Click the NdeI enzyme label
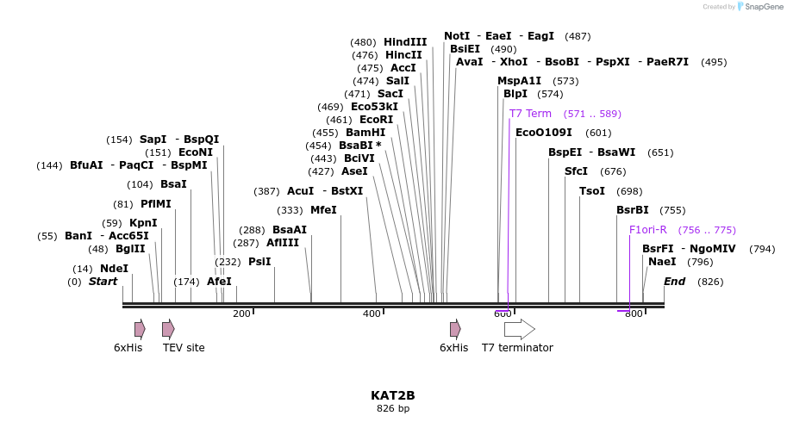[114, 269]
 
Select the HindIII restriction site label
[405, 42]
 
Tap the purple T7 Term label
[530, 114]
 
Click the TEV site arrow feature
[168, 328]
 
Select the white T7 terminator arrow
[519, 328]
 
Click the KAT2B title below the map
[393, 395]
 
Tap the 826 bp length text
[393, 408]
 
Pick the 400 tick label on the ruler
[372, 313]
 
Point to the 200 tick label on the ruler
[241, 313]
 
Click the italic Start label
[103, 282]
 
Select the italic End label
[674, 282]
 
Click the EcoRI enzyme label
[376, 120]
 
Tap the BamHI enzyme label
[365, 133]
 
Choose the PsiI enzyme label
[259, 262]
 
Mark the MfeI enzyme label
[323, 210]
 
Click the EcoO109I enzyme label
[544, 133]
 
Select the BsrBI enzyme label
[633, 210]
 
